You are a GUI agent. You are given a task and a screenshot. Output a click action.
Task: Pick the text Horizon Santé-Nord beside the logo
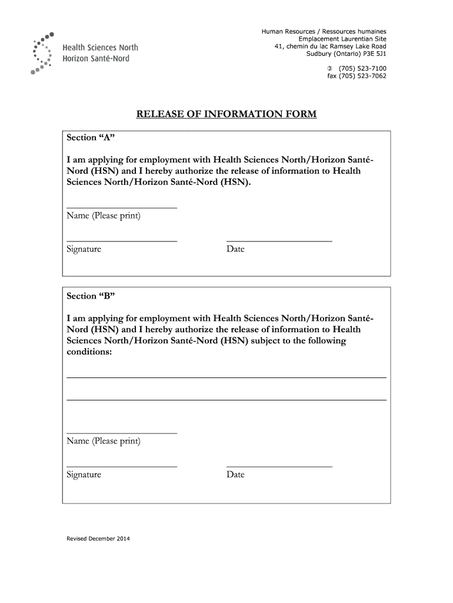96,59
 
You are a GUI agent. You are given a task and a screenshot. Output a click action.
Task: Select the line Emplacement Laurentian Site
342,38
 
